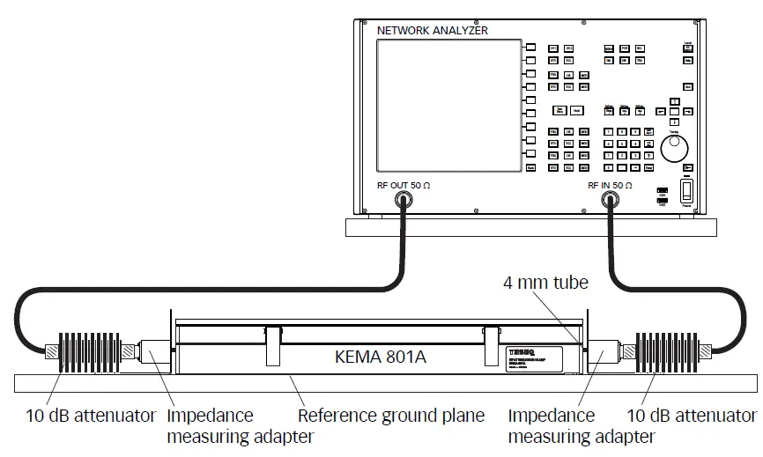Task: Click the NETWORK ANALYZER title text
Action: click(x=432, y=31)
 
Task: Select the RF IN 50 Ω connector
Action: click(x=609, y=202)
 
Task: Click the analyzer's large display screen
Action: click(x=446, y=104)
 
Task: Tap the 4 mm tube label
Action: click(x=544, y=284)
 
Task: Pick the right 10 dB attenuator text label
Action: click(x=691, y=415)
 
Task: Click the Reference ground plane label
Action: click(x=391, y=415)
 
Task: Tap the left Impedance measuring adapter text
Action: click(x=209, y=425)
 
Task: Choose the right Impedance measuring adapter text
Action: click(x=551, y=425)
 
